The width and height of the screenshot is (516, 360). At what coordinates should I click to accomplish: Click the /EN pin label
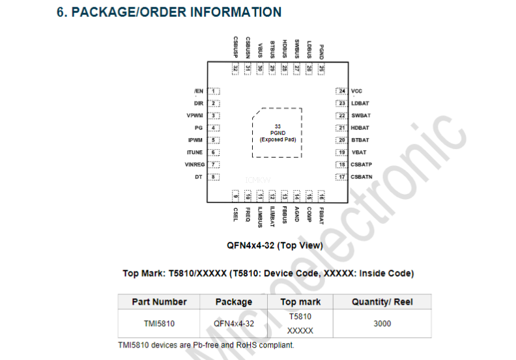point(199,91)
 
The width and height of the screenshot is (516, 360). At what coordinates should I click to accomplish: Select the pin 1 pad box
point(214,91)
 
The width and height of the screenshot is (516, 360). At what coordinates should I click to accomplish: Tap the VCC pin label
point(356,91)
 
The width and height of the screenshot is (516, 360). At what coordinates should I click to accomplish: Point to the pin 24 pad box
point(341,91)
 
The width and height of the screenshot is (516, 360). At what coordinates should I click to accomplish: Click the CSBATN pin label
point(362,177)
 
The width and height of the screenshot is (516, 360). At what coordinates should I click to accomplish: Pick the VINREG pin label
point(195,165)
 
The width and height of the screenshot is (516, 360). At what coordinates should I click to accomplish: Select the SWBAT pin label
point(361,115)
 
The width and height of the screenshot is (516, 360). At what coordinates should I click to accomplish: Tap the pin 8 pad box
point(214,177)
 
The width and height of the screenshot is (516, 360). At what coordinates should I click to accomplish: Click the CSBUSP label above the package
point(235,48)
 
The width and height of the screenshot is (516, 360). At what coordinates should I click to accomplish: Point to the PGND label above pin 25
point(321,52)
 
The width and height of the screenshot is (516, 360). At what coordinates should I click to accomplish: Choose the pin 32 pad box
point(235,69)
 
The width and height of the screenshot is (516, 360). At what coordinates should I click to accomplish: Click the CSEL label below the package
point(235,214)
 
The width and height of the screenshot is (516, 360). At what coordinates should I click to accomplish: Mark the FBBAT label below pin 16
point(321,215)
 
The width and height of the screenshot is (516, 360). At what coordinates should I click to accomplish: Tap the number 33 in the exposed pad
point(278,126)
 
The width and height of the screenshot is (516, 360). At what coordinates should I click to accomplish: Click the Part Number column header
point(159,302)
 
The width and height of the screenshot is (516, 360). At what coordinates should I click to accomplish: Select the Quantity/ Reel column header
point(382,302)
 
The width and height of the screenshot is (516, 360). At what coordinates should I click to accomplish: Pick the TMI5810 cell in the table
point(159,324)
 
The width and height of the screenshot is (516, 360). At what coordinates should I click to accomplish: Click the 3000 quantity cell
point(382,324)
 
